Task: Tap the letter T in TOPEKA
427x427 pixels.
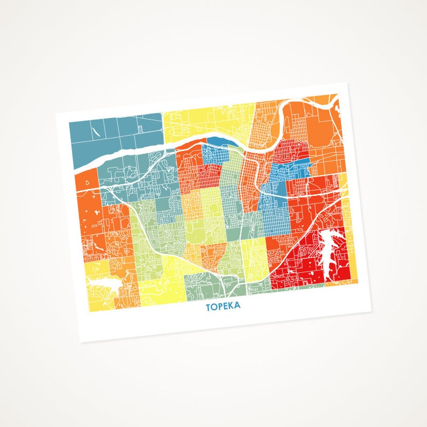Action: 208,308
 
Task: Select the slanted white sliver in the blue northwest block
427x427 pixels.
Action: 95,129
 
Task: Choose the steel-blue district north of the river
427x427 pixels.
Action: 116,137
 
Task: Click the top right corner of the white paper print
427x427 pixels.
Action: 349,83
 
